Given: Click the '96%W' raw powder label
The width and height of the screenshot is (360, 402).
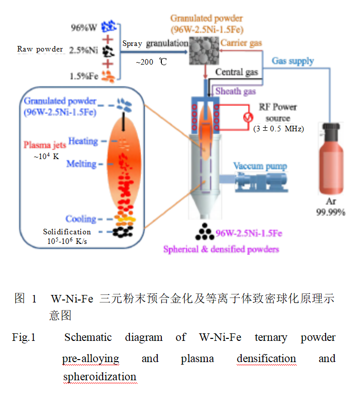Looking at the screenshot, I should [85, 27].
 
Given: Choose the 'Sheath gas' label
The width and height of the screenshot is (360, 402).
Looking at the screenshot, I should [236, 91].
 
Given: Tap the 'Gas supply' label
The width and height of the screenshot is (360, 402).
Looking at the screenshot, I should [293, 61].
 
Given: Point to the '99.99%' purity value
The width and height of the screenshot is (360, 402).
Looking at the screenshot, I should [331, 213].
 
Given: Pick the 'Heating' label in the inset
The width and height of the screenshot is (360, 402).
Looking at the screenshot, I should [83, 141].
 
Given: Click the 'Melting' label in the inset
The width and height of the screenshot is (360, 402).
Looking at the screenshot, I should [81, 164].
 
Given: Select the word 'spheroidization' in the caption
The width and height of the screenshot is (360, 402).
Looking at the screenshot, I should [100, 377].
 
